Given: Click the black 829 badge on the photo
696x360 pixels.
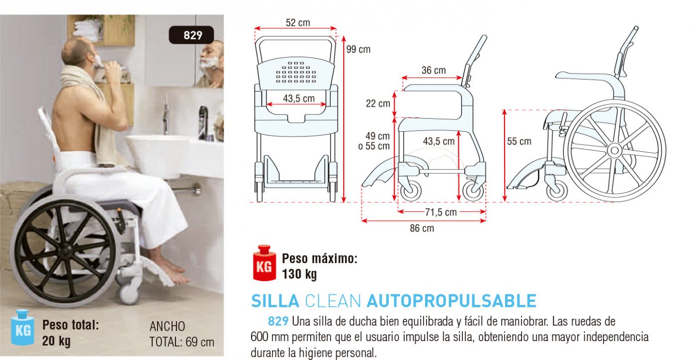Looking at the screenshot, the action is pyautogui.click(x=191, y=35).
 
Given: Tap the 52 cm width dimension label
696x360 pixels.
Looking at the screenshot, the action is pyautogui.click(x=298, y=23).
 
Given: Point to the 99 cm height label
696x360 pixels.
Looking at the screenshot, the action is pyautogui.click(x=358, y=49).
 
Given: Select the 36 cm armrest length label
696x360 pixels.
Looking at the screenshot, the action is pyautogui.click(x=434, y=70).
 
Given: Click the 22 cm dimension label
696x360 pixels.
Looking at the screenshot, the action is pyautogui.click(x=378, y=103).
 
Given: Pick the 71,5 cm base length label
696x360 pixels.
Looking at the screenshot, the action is pyautogui.click(x=441, y=212).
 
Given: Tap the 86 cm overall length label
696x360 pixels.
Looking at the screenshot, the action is pyautogui.click(x=422, y=228).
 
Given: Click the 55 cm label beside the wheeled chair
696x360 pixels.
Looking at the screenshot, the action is pyautogui.click(x=519, y=141).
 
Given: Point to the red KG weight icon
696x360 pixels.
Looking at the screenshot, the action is pyautogui.click(x=264, y=263).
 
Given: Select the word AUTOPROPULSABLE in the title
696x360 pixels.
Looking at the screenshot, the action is pyautogui.click(x=451, y=301).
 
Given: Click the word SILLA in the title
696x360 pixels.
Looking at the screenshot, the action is pyautogui.click(x=275, y=301).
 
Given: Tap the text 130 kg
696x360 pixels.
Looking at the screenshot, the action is pyautogui.click(x=299, y=274).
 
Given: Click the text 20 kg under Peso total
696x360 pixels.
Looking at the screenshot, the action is pyautogui.click(x=56, y=341).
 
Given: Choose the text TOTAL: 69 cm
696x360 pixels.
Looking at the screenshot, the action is pyautogui.click(x=182, y=342).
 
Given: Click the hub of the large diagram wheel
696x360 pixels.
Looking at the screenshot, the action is pyautogui.click(x=614, y=151).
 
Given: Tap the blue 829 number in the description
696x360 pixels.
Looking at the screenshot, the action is pyautogui.click(x=278, y=321).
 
